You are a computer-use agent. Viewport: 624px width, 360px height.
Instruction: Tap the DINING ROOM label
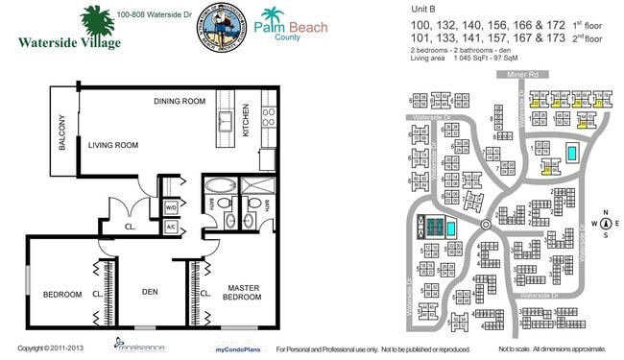tap(180, 101)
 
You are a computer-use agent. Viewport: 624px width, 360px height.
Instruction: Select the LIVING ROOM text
tap(113, 145)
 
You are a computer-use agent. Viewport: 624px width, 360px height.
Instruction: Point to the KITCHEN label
tap(245, 120)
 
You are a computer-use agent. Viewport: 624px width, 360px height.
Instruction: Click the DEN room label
tap(149, 293)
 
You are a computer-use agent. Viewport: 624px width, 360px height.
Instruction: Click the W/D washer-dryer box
tap(170, 206)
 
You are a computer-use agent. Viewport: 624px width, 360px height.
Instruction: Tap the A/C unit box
tap(170, 227)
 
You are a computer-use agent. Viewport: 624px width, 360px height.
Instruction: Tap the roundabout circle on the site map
tap(485, 224)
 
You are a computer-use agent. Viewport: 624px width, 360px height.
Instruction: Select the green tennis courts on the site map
tap(437, 228)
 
